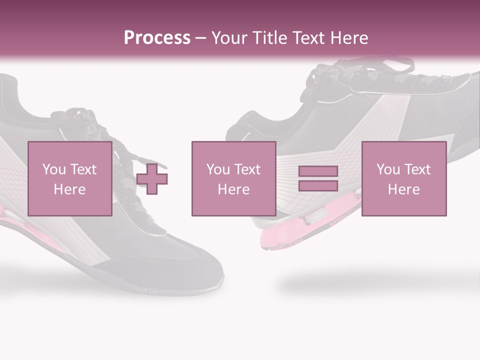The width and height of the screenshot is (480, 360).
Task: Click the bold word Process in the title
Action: point(157,38)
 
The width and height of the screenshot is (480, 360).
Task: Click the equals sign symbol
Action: point(318,178)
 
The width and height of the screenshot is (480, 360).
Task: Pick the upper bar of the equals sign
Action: point(318,171)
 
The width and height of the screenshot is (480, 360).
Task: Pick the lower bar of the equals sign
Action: point(318,185)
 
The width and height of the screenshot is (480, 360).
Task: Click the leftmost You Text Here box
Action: point(69,178)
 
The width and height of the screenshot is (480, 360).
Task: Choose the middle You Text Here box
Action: point(233,178)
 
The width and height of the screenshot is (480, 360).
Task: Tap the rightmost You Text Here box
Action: point(403,178)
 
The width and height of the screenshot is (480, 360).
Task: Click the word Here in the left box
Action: point(69,189)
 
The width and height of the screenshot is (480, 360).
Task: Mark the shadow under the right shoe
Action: point(370,285)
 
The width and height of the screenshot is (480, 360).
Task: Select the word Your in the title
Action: point(229,38)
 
